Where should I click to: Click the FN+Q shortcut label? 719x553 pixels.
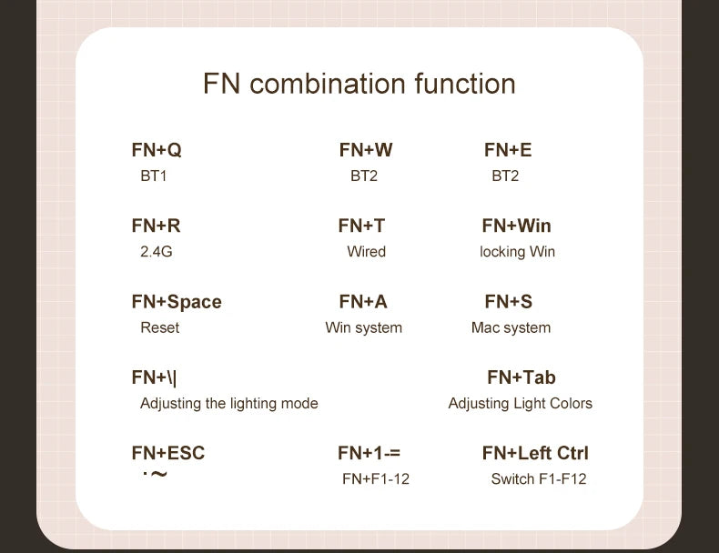tap(157, 150)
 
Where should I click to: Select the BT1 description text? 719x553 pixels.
tap(154, 176)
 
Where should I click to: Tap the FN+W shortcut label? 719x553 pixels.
tap(366, 150)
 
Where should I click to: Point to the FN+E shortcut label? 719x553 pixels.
tap(508, 150)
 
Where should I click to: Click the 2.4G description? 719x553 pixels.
tap(157, 252)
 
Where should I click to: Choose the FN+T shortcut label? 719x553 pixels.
tap(361, 226)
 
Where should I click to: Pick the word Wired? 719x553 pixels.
tap(367, 252)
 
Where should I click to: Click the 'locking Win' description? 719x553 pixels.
tap(517, 252)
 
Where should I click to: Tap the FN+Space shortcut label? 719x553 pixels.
tap(177, 302)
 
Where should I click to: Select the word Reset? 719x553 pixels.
tap(160, 327)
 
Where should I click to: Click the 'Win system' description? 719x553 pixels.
tap(364, 328)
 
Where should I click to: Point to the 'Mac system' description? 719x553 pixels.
tap(511, 328)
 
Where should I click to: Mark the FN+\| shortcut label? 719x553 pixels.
tap(154, 378)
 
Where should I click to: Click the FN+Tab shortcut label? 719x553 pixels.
tap(522, 377)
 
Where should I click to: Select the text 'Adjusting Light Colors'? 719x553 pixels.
tap(520, 404)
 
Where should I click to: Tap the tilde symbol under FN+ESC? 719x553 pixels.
tap(158, 474)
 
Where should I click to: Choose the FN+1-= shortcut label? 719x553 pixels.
tap(369, 453)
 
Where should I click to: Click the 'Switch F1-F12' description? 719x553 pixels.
tap(539, 479)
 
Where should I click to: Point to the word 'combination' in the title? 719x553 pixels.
tap(328, 84)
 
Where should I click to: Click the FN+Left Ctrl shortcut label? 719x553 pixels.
tap(535, 453)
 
